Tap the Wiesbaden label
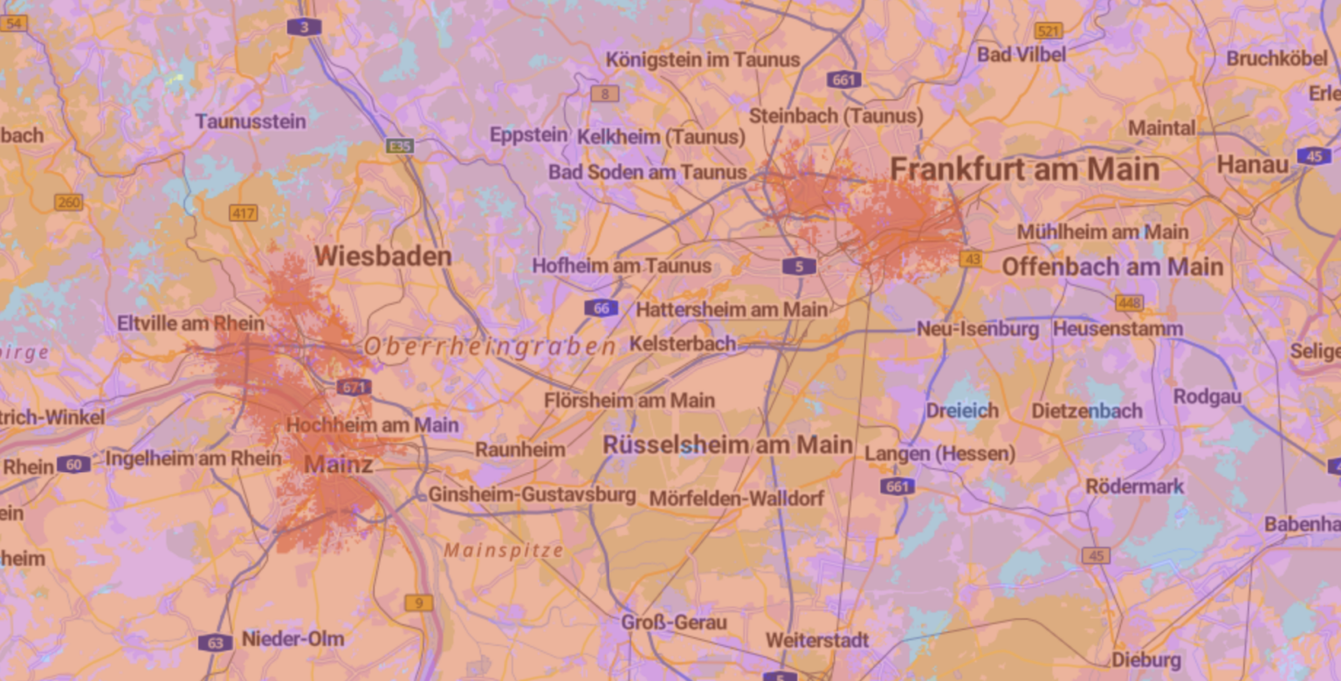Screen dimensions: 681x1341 pos(382,257)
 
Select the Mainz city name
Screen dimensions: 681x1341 pos(338,464)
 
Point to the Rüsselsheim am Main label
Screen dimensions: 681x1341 pos(727,445)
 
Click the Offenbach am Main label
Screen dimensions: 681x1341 pos(1112,267)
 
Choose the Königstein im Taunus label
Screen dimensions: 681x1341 pos(703,60)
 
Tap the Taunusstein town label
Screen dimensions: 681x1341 pos(251,121)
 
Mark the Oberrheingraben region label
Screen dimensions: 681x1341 pos(490,347)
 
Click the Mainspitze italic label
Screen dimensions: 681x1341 pos(504,551)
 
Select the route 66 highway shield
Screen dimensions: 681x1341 pos(602,307)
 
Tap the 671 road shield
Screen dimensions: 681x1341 pos(353,387)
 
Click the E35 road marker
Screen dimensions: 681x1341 pos(400,146)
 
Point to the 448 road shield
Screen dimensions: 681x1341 pos(1129,303)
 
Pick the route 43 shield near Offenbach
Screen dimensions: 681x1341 pos(970,259)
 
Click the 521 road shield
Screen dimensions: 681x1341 pos(1049,31)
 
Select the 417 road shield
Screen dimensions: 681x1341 pos(243,213)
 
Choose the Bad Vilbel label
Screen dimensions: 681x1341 pos(1021,55)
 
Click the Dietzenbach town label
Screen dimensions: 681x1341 pos(1087,411)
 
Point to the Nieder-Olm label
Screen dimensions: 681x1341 pos(292,639)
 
